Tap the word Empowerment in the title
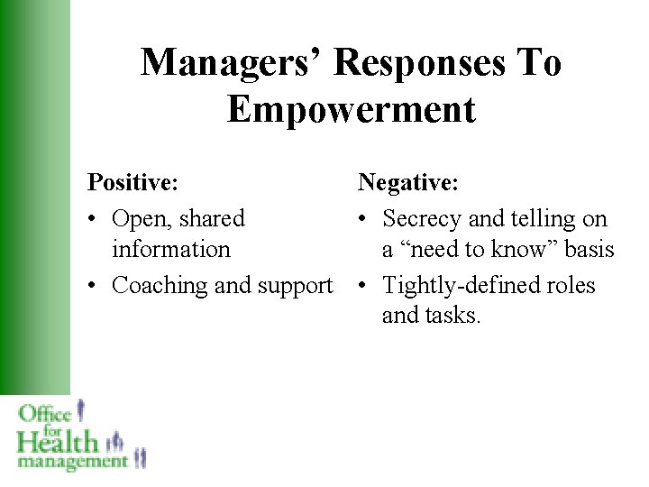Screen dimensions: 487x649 click(x=351, y=110)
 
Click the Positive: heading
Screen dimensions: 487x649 click(x=132, y=183)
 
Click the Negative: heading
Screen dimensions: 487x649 click(x=408, y=183)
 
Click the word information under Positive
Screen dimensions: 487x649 click(x=170, y=249)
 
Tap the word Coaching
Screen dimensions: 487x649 click(x=160, y=285)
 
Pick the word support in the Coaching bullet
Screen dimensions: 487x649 click(x=293, y=285)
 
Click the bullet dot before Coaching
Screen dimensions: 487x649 click(x=94, y=286)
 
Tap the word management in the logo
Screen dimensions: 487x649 click(x=72, y=461)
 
